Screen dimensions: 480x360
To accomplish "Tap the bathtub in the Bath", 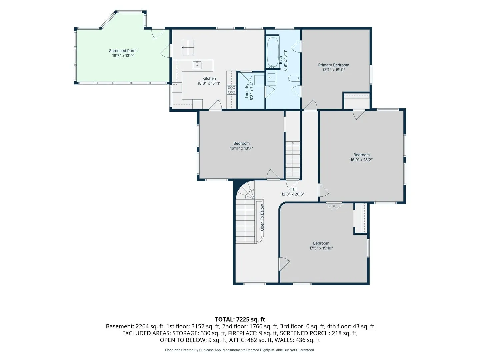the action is click(x=273, y=52).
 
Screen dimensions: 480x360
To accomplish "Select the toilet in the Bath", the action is click(x=294, y=78).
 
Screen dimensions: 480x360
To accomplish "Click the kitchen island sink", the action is click(x=197, y=65).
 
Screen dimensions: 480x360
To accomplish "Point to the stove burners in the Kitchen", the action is click(x=231, y=90).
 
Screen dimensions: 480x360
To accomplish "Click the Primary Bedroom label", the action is click(x=333, y=65).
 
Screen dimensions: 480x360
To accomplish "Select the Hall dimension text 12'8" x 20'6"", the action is click(x=293, y=194).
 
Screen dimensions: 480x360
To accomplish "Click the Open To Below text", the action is click(x=262, y=217).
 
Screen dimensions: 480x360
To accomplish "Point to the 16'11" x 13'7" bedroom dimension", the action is click(x=241, y=148).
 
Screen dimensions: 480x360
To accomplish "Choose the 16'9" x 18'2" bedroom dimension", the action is click(x=361, y=160).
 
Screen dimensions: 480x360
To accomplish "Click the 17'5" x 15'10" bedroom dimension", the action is click(x=321, y=248).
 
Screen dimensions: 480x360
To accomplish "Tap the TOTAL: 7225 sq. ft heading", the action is click(x=240, y=319).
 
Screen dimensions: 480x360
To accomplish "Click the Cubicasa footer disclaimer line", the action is click(x=240, y=350).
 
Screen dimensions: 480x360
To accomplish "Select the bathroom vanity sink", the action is click(x=271, y=78).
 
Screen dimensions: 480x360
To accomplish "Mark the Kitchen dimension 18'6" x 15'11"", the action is click(x=209, y=83).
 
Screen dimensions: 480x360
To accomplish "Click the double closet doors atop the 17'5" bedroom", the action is click(x=334, y=206).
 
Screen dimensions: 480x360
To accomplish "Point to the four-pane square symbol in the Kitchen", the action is click(x=188, y=47).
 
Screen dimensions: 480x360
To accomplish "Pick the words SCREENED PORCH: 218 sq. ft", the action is click(x=319, y=333).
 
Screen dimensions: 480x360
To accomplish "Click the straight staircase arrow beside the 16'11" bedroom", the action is click(x=293, y=160).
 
